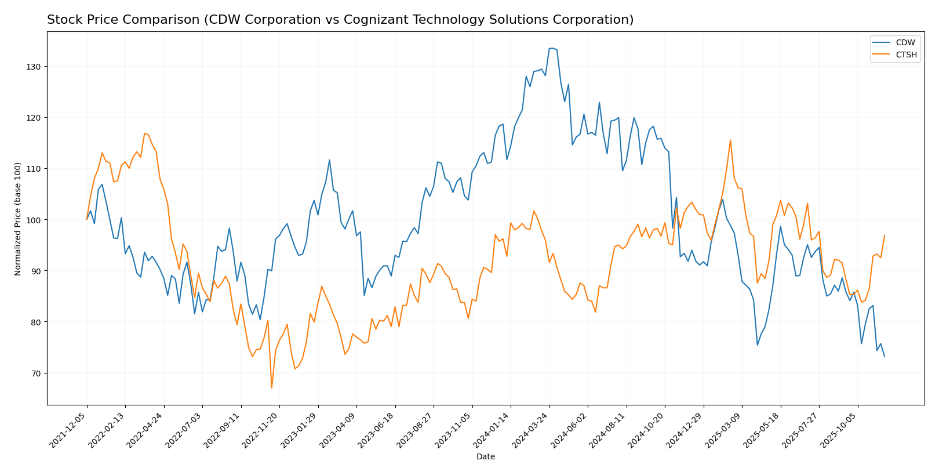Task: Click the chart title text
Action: point(340,20)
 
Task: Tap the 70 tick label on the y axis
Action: point(36,373)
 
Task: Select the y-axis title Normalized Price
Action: point(18,219)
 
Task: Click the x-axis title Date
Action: point(485,457)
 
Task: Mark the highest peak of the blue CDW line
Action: point(552,48)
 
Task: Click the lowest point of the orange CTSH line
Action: point(271,387)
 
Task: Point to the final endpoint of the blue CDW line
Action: point(885,357)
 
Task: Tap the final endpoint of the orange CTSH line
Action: point(885,235)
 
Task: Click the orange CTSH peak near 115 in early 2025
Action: point(730,140)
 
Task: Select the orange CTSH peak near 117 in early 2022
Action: point(144,133)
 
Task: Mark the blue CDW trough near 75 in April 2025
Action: point(757,345)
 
